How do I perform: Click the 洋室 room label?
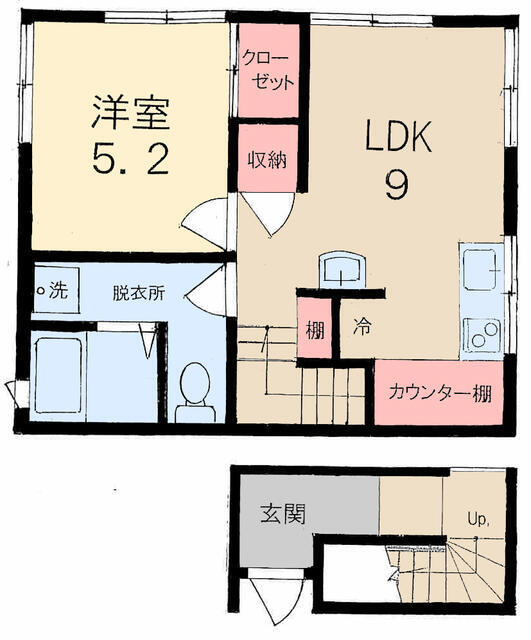point(131,112)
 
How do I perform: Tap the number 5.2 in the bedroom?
point(131,159)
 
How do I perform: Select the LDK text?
point(398,136)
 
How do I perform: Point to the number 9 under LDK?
point(396,184)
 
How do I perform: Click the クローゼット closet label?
point(268,70)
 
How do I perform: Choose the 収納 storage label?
point(268,160)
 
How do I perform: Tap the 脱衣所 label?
point(139,293)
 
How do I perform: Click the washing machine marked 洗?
point(56,290)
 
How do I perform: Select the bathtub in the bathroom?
point(58,376)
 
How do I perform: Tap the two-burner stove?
point(482,336)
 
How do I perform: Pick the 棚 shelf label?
point(315,330)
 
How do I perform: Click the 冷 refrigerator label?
point(362,326)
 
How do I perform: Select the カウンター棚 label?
point(440,393)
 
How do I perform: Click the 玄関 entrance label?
point(283,513)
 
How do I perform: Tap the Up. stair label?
point(478,520)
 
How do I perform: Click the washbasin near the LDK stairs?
point(342,271)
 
